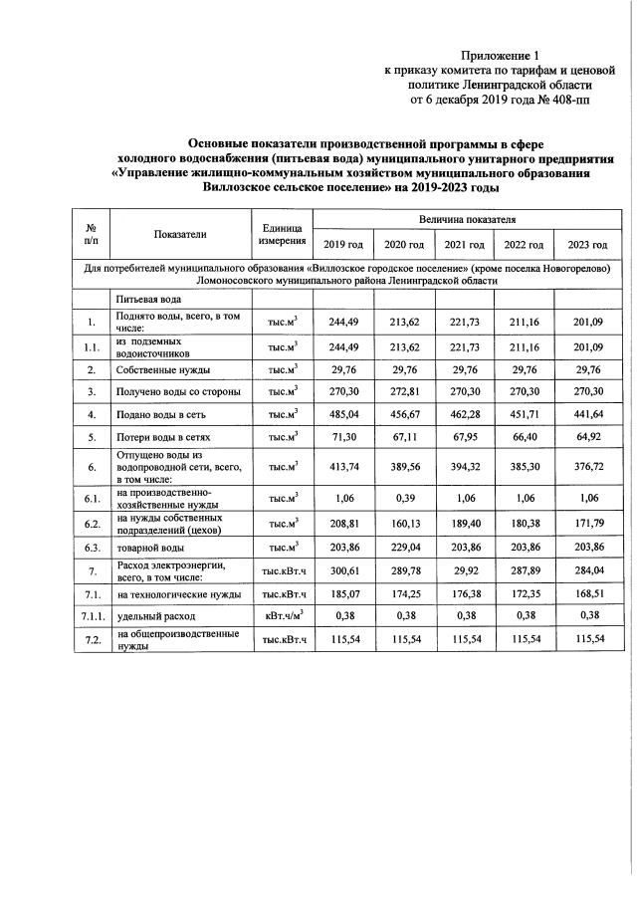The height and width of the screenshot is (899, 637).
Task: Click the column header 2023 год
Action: [x=585, y=245]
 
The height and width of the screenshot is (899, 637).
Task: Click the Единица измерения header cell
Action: [x=282, y=235]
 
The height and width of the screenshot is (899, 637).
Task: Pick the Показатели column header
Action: [x=180, y=235]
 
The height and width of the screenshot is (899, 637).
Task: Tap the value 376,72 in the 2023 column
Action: [x=585, y=465]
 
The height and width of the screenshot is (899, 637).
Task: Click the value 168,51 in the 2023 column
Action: [x=585, y=593]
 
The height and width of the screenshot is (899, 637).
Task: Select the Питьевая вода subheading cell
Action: [x=149, y=300]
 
